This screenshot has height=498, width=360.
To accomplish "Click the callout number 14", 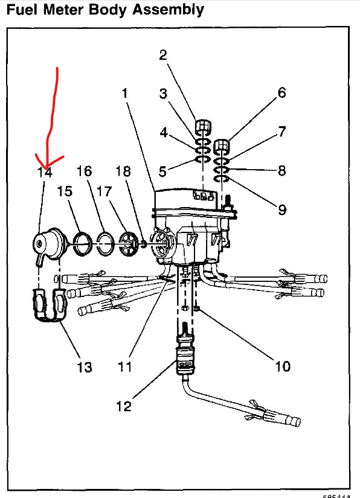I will (x=45, y=172).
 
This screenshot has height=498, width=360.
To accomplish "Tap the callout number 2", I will (x=163, y=56).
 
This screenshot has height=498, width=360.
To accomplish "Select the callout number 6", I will (x=281, y=93).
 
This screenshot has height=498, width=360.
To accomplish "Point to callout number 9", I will (x=282, y=210).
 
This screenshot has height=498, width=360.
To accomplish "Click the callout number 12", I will (x=123, y=406).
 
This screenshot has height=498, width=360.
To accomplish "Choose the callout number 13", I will (x=84, y=367).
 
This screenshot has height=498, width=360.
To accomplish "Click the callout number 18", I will (x=123, y=171).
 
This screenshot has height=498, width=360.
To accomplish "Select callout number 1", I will (x=124, y=94).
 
